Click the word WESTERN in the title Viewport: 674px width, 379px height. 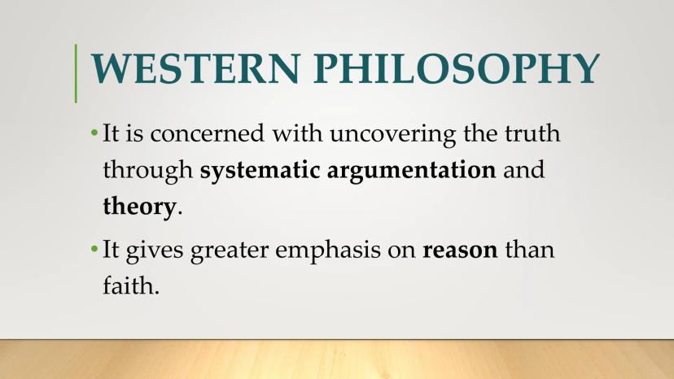195,68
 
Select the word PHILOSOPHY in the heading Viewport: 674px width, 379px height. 457,68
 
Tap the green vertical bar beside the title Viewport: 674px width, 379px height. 76,73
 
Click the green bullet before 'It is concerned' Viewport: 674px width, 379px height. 94,133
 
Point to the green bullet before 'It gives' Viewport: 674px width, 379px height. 94,248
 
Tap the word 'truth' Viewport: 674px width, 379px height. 532,133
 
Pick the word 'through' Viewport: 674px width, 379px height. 148,171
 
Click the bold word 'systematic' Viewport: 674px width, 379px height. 260,171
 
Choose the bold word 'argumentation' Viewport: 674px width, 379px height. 412,171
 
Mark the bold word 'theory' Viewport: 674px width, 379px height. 140,207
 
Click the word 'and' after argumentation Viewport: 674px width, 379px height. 524,170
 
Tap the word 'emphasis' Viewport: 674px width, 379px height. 328,250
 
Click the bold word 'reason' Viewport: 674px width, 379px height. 460,250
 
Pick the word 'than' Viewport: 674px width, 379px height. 530,249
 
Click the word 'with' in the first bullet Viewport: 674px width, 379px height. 297,133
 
